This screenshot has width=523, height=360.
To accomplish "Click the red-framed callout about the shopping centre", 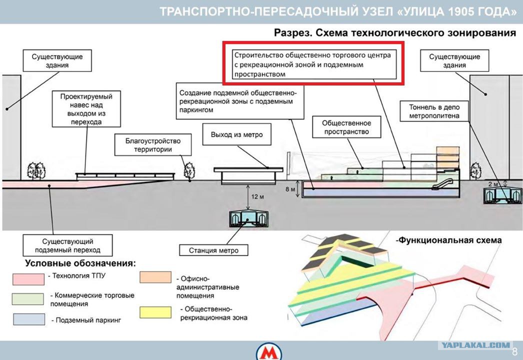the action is pos(313,63).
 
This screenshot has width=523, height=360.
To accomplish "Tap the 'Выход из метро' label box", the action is pos(237,134).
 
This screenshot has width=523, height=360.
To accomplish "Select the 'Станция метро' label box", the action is pos(214,250).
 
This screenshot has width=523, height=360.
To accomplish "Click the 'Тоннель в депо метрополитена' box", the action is pos(434,111).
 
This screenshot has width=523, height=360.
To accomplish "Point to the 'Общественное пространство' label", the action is pos(346,127).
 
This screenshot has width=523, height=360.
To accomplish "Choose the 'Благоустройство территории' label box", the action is pos(153,145).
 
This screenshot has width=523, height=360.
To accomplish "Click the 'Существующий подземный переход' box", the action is pos(67,245).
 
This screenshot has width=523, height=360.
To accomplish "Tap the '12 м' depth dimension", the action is pos(257,197).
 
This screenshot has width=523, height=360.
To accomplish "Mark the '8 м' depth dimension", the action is pos(290,189).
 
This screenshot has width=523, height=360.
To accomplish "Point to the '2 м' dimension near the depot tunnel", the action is pos(492,184).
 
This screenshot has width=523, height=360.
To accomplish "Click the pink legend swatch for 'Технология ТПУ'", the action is pos(28,279).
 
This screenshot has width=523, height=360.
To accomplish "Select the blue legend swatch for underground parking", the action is pos(29,319).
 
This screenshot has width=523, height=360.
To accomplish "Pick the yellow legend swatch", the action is pos(155,312).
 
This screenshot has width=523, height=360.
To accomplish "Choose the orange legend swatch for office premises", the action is pos(155,277).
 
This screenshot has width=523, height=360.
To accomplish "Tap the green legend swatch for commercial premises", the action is pos(27,299).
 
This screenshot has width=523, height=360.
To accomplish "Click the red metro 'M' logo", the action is pos(269,352).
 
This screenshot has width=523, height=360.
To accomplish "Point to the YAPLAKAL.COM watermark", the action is pos(476,345).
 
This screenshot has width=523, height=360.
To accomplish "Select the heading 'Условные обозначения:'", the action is pos(80,263).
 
